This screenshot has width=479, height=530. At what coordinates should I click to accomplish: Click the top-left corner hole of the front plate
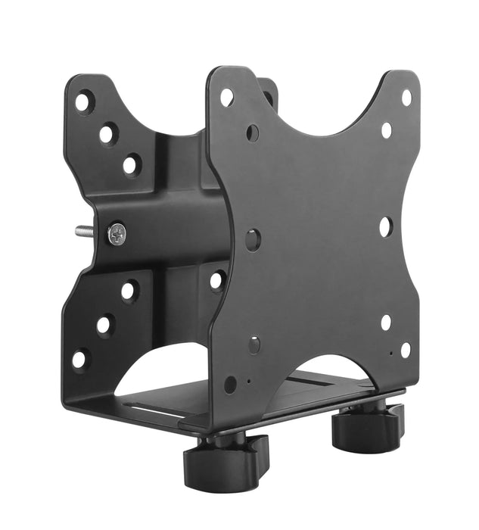click(226, 97)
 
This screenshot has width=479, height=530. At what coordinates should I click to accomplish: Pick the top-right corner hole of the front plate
click(406, 98)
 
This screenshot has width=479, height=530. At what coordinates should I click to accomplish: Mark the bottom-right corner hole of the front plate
click(406, 350)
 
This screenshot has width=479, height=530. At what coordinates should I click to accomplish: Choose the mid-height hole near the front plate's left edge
click(253, 239)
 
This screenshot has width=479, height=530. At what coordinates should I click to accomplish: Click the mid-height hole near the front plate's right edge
click(385, 226)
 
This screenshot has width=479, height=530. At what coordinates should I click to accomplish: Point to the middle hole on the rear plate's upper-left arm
click(107, 134)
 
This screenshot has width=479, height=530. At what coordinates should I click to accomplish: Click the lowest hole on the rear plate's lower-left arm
click(79, 359)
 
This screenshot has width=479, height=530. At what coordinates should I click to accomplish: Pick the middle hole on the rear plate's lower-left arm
click(104, 325)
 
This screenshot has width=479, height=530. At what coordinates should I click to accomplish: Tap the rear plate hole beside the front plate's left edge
click(216, 281)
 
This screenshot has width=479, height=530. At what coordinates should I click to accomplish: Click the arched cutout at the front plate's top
click(318, 114)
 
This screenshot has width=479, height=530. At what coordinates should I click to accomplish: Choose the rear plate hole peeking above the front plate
click(268, 97)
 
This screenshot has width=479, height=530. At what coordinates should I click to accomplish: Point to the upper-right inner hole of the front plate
click(387, 130)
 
